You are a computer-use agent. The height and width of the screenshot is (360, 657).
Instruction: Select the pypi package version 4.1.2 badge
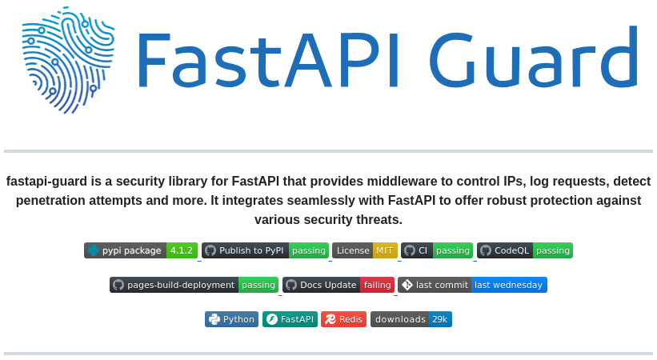(141, 250)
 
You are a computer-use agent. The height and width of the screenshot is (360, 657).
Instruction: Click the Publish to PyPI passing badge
(265, 250)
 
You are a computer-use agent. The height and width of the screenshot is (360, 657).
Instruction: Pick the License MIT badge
(364, 250)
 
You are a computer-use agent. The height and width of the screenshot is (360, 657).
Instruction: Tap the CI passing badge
(437, 250)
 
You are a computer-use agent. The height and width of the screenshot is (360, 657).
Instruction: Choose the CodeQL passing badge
(525, 250)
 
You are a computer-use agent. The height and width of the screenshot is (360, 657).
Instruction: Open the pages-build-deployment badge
(194, 285)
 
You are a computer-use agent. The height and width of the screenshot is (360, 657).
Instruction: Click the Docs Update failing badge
(339, 285)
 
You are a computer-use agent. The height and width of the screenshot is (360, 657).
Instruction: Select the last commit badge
(472, 285)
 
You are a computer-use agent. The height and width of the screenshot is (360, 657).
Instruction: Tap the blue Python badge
(231, 319)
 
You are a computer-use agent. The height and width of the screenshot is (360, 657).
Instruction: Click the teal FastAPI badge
(290, 319)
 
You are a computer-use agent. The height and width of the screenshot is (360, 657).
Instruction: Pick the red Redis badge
(343, 319)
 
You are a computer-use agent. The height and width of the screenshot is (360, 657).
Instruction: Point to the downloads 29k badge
(411, 319)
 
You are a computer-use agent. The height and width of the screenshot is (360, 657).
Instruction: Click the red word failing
(377, 285)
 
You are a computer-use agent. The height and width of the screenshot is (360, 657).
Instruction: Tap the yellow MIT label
(385, 250)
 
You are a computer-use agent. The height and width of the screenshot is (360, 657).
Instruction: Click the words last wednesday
(509, 285)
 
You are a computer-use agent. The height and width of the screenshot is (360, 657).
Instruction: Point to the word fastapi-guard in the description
(46, 182)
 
